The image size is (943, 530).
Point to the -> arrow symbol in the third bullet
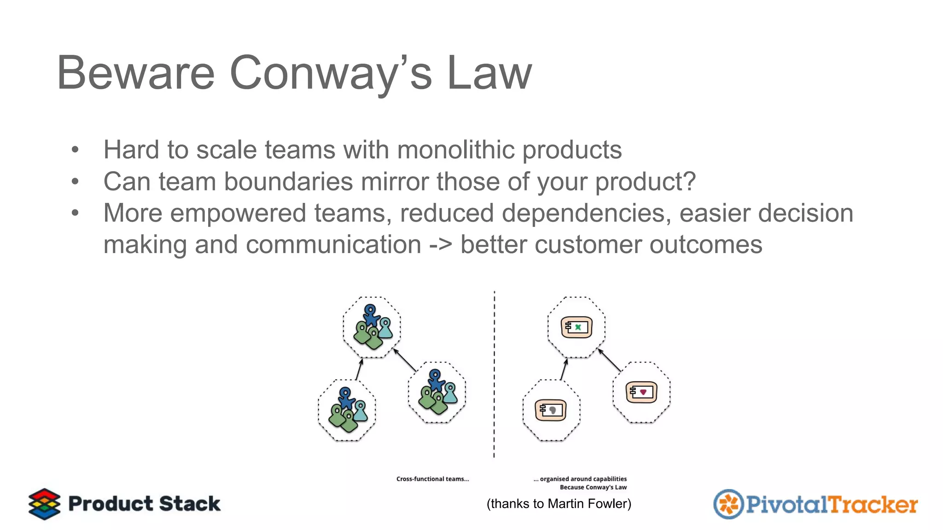[x=441, y=244]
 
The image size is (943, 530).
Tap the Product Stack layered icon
[x=44, y=504]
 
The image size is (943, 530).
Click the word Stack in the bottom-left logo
[x=190, y=504]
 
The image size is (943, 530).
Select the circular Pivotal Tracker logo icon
[x=728, y=504]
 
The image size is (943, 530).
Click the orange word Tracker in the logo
[x=873, y=505]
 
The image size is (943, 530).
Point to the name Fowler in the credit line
[x=610, y=504]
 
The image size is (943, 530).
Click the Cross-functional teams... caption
[x=432, y=479]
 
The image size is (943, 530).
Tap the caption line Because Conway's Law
[x=593, y=487]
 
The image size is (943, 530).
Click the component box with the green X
[x=576, y=327]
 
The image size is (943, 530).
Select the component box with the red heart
[x=641, y=392]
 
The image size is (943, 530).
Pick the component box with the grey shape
[x=551, y=409]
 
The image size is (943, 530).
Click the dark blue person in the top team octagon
[x=371, y=314]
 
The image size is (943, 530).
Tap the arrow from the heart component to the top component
[x=610, y=360]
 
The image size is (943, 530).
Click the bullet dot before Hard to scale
[x=75, y=150]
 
